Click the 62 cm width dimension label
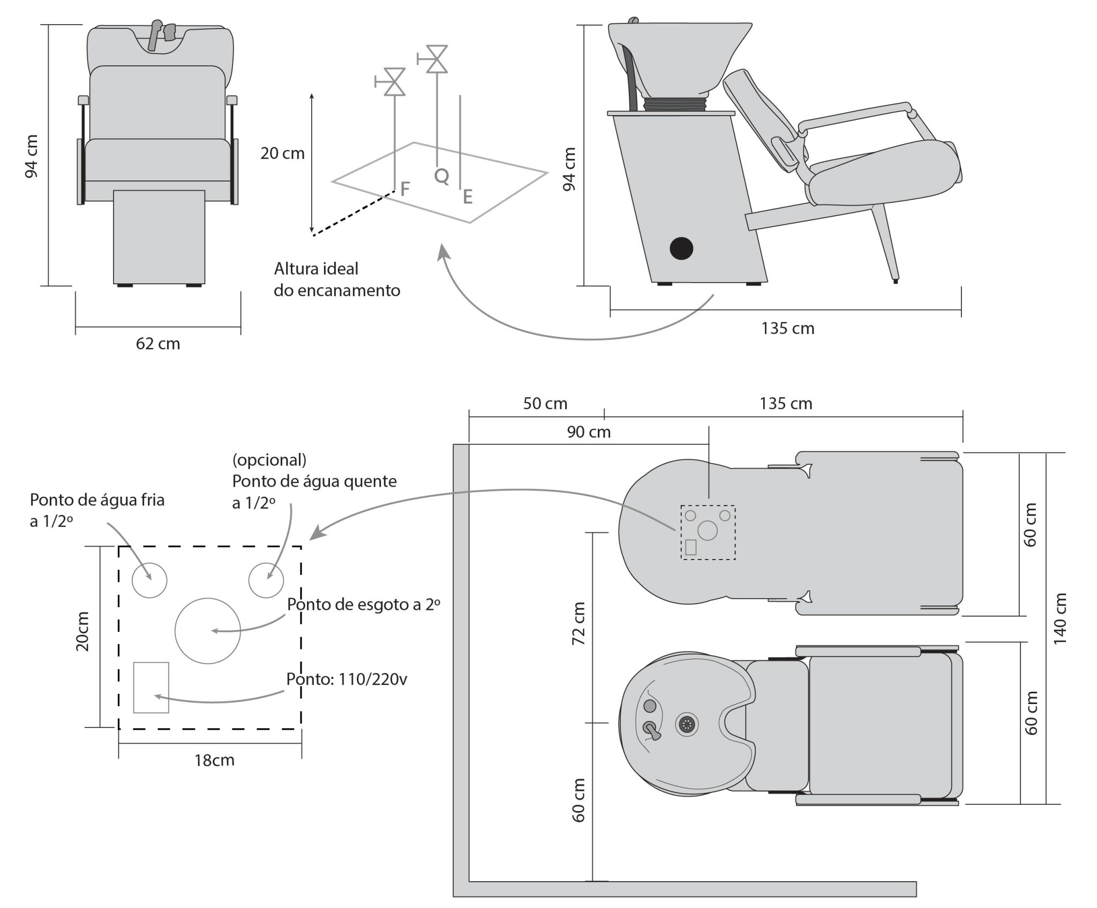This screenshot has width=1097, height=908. pyautogui.click(x=158, y=344)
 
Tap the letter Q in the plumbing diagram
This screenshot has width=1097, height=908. pyautogui.click(x=441, y=176)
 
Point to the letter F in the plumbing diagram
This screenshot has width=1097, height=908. pyautogui.click(x=405, y=188)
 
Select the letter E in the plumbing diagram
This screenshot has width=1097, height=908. pyautogui.click(x=468, y=198)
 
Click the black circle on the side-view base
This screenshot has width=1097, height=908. pyautogui.click(x=681, y=248)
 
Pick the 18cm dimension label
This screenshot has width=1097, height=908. pyautogui.click(x=214, y=760)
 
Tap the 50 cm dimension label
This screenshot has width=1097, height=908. pyautogui.click(x=545, y=403)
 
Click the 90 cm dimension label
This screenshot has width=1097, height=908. pyautogui.click(x=589, y=432)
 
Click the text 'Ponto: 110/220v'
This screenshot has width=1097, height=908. pyautogui.click(x=347, y=679)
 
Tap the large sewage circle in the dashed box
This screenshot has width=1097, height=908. pyautogui.click(x=208, y=631)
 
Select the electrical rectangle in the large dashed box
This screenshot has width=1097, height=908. pyautogui.click(x=151, y=687)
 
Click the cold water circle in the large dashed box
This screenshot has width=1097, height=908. pyautogui.click(x=150, y=580)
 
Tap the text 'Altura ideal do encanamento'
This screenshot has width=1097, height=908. pyautogui.click(x=337, y=279)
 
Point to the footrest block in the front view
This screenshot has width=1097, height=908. pyautogui.click(x=159, y=237)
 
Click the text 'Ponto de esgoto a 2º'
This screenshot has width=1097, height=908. pyautogui.click(x=364, y=604)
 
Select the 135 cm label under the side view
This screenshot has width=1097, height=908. pyautogui.click(x=788, y=328)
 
